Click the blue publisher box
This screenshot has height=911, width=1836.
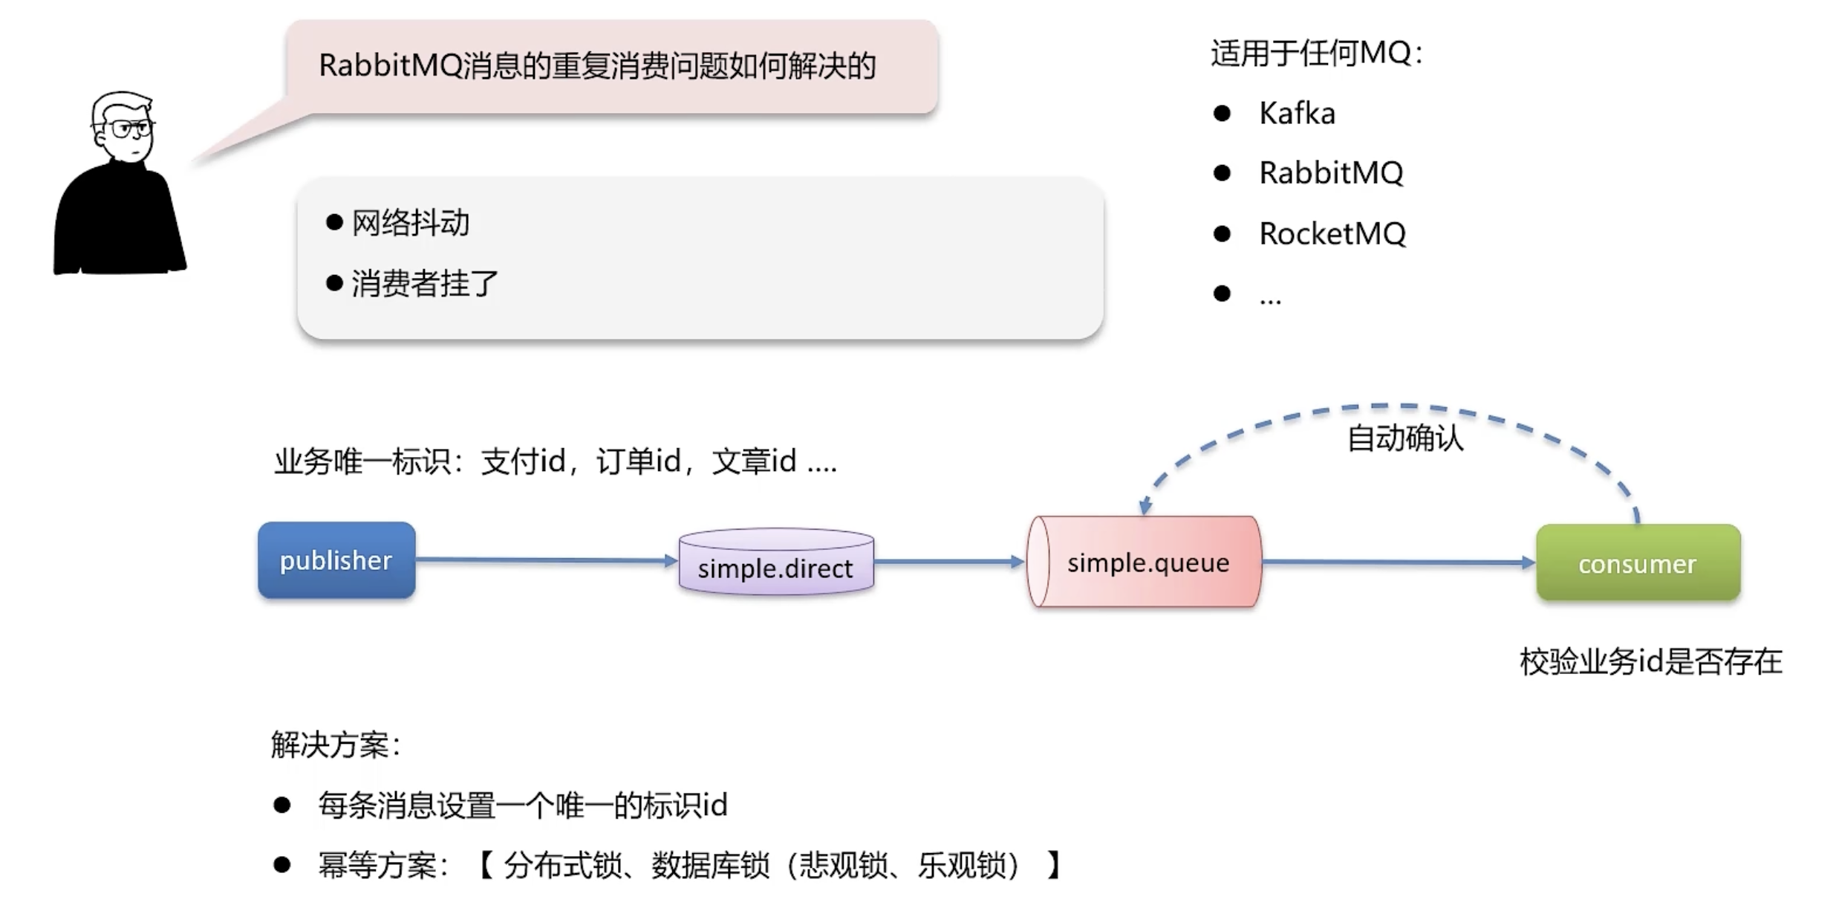(336, 560)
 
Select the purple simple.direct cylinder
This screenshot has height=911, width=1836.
(776, 563)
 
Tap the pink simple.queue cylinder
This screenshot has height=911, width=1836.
(1147, 563)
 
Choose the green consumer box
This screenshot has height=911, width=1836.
(1638, 563)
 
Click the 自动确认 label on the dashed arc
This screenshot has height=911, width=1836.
(1405, 438)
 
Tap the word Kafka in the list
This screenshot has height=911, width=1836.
(1297, 114)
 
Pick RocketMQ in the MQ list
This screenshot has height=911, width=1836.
(1332, 234)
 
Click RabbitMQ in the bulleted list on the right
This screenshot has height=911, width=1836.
(1331, 173)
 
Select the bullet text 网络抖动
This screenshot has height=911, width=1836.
(410, 223)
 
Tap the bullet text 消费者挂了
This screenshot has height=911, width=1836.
(424, 284)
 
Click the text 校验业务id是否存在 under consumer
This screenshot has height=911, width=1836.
(1650, 661)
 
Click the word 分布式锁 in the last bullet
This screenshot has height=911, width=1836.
(562, 865)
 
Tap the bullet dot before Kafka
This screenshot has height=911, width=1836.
(1222, 114)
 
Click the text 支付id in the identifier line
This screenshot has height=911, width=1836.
(523, 461)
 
